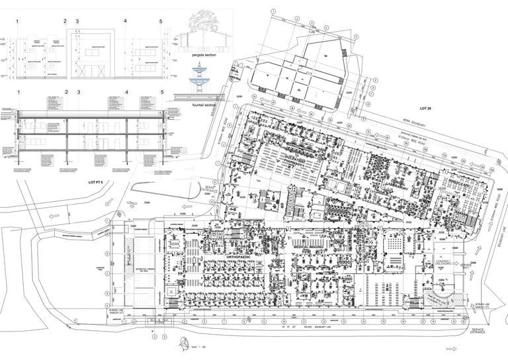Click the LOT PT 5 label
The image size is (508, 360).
[97, 181]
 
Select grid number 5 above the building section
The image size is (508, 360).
[161, 93]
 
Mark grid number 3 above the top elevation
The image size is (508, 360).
[77, 21]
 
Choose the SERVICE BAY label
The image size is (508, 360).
[466, 266]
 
